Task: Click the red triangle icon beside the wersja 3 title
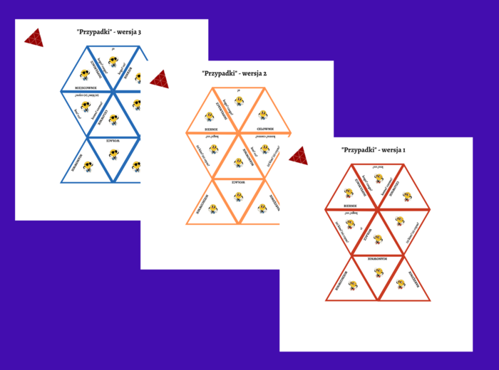tap(34, 38)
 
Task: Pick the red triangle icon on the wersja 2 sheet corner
tap(159, 80)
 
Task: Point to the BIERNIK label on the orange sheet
tap(208, 129)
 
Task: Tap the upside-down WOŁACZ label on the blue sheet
tap(113, 142)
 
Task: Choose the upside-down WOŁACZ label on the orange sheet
tap(238, 182)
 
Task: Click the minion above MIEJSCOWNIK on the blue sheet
tap(84, 74)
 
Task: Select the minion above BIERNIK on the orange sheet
tap(210, 116)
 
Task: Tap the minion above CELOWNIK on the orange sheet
tap(263, 114)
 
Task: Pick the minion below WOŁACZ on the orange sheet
tap(238, 196)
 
